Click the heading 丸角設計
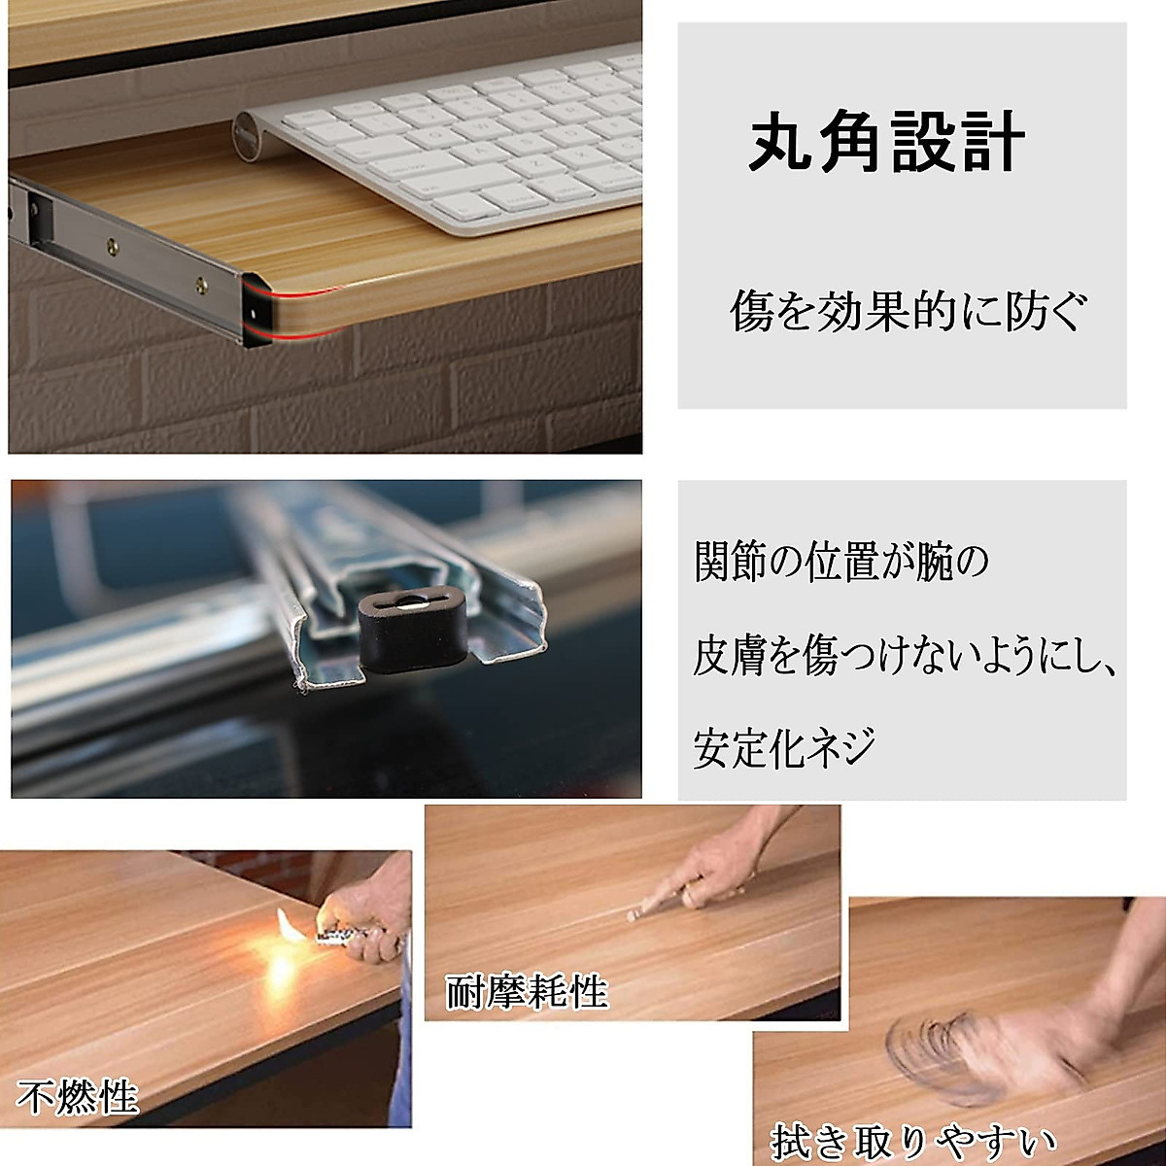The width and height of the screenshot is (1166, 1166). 886,143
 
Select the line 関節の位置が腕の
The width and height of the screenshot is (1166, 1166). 841,563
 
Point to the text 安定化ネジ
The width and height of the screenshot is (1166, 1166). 784,748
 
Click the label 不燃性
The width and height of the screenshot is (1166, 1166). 78,1099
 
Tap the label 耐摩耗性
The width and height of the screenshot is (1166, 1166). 527,992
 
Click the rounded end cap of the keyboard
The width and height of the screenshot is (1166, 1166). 248,135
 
